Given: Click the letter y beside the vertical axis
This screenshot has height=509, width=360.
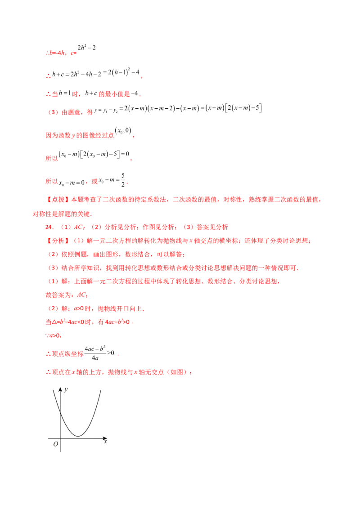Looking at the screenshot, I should (66, 389).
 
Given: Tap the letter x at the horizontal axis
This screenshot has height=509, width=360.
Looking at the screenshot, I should (105, 442).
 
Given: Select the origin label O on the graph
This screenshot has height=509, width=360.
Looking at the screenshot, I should (56, 444).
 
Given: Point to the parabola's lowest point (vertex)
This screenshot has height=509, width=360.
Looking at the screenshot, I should (78, 436).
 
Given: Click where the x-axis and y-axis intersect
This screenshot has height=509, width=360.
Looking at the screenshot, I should (60, 438).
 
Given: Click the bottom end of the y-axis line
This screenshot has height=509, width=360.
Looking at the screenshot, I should (60, 450).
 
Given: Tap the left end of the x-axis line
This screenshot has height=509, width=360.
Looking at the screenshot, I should (48, 438).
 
